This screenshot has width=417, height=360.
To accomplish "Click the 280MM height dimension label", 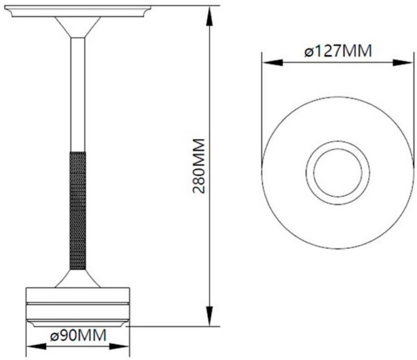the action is (199, 166).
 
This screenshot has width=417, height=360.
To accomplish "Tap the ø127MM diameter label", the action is (338, 50).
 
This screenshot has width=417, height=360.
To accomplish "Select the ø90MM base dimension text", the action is (78, 335).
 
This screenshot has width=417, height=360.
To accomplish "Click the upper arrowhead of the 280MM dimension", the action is (210, 16).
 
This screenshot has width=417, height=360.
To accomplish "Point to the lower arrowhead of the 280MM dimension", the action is (210, 316).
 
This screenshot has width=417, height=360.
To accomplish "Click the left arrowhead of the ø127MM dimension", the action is (272, 63).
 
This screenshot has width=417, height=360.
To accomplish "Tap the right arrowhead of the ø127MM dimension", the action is (403, 63).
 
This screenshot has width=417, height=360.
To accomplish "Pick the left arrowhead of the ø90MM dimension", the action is (37, 346).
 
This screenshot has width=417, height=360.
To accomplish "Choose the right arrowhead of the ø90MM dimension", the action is (119, 346).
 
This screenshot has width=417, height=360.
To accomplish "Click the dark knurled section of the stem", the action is (78, 210).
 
